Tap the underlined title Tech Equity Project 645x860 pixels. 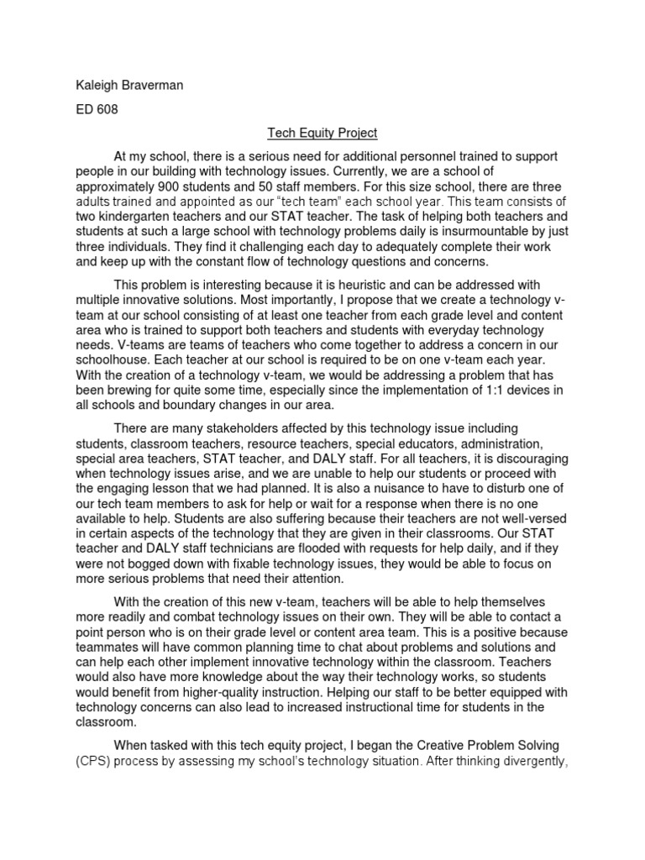[322, 133]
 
